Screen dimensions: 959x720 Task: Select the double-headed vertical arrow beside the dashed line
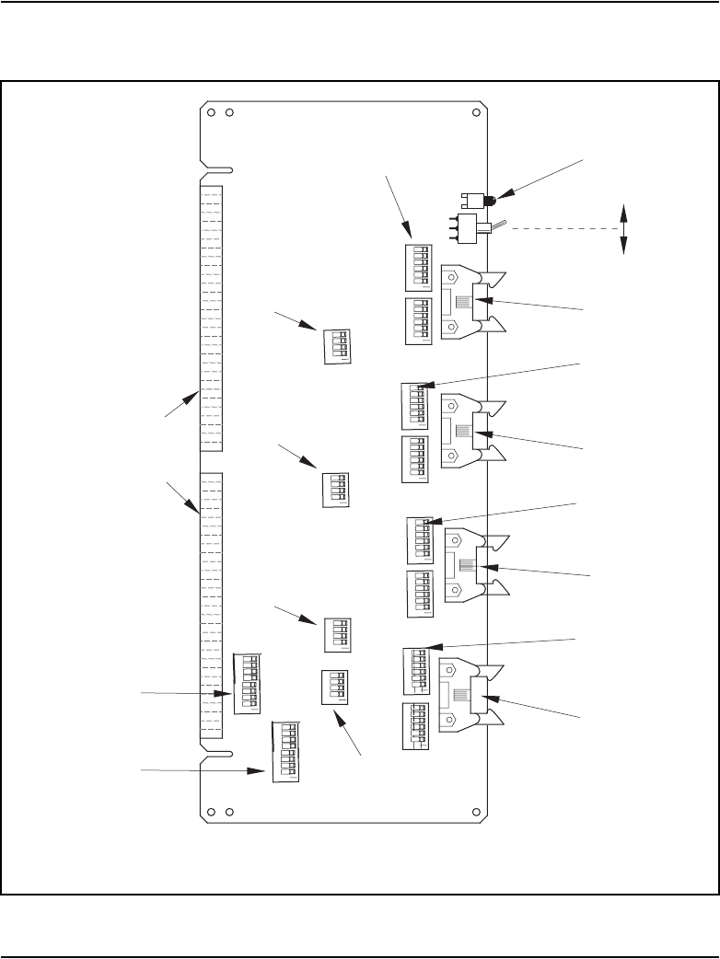click(624, 229)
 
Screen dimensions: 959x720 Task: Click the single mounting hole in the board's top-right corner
click(476, 114)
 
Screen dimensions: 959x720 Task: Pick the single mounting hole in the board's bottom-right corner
click(476, 812)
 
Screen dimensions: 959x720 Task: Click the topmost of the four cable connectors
click(468, 301)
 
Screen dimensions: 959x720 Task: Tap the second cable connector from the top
click(468, 432)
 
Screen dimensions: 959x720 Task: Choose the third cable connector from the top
click(471, 565)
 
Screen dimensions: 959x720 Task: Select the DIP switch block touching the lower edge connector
click(247, 683)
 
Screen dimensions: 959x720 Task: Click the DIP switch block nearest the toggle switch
click(418, 266)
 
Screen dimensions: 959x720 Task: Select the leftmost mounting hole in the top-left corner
click(212, 114)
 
